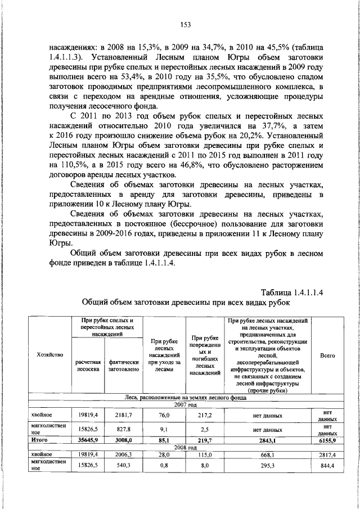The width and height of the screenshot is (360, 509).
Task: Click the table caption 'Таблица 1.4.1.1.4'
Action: pyautogui.click(x=295, y=292)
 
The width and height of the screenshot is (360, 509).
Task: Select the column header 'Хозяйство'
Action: pyautogui.click(x=49, y=355)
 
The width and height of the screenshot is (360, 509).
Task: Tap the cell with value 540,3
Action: pyautogui.click(x=124, y=466)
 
